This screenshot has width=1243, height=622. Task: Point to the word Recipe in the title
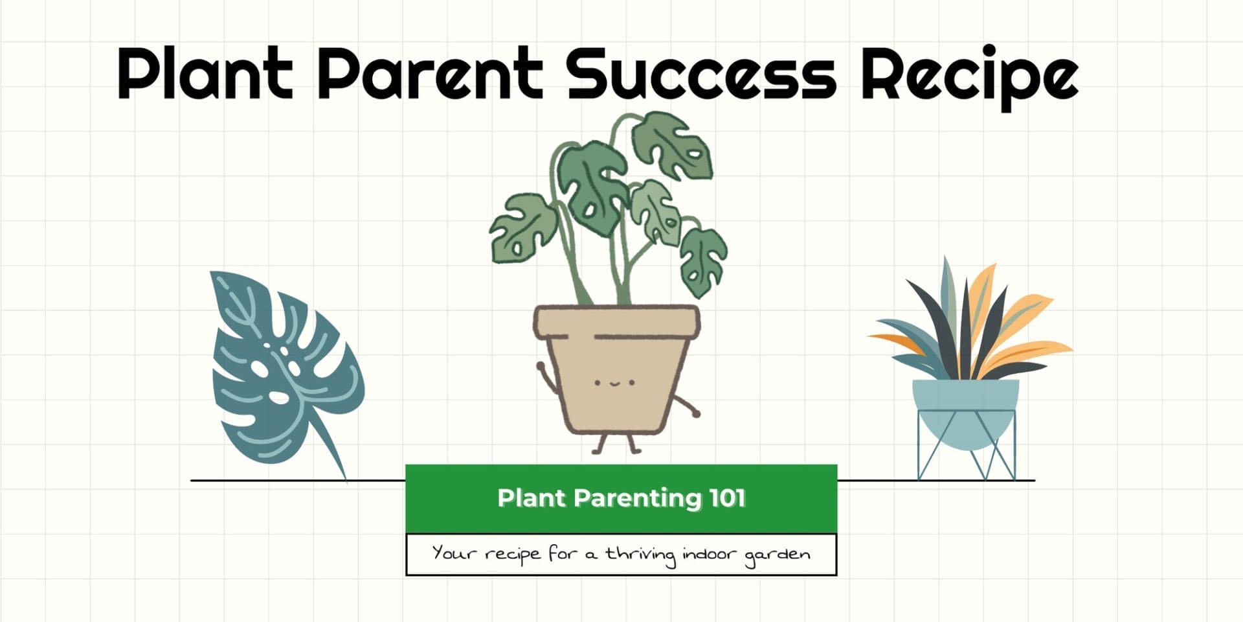969,75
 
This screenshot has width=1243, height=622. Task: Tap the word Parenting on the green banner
637,499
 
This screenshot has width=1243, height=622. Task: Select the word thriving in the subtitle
640,555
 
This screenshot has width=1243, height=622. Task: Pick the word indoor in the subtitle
709,554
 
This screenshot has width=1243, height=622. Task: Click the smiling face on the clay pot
614,383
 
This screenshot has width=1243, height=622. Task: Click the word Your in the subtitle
453,553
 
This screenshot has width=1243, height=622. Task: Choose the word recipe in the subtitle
512,555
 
